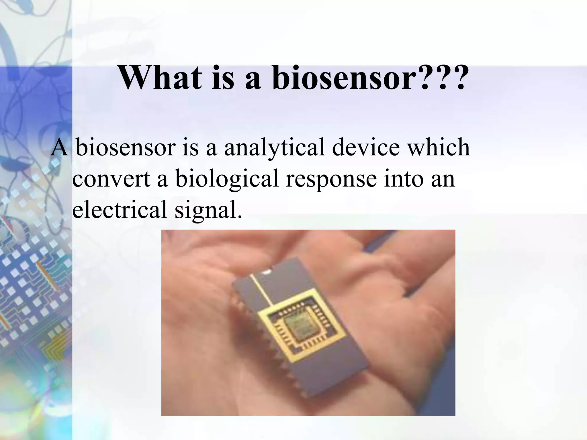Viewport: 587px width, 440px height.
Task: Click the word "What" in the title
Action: [159, 78]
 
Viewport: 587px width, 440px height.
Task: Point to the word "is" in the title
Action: [226, 78]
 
